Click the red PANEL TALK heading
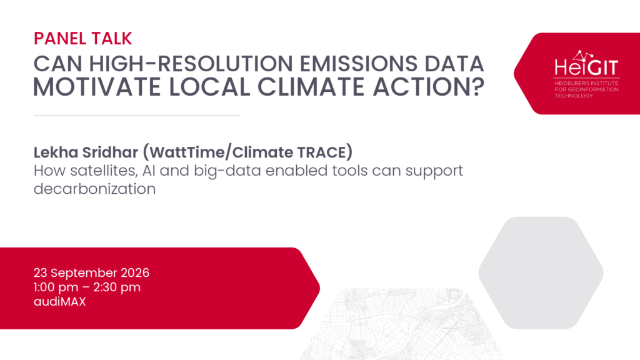tap(83, 38)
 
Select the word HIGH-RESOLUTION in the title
tap(191, 64)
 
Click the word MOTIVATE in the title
tap(97, 86)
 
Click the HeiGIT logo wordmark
tap(586, 64)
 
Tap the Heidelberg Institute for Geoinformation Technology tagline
tap(586, 89)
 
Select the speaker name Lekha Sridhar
tap(86, 152)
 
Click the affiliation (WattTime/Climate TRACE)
tap(247, 152)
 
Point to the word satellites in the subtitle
tap(104, 171)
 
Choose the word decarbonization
tap(95, 189)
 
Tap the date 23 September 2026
tap(91, 272)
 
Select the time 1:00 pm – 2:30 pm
tap(87, 287)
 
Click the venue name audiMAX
tap(59, 302)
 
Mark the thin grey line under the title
tap(137, 116)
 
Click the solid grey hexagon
tap(541, 272)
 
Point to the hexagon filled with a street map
tap(402, 324)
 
